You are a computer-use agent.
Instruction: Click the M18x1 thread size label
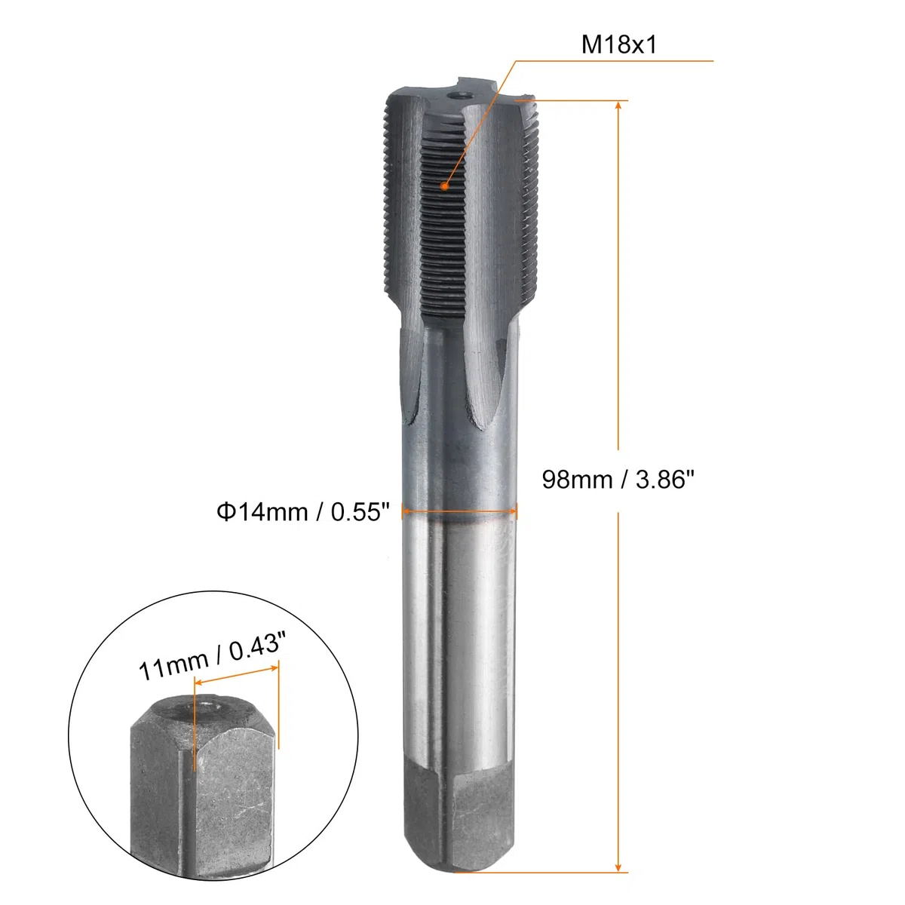coord(618,45)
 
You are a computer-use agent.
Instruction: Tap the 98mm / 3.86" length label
coord(618,480)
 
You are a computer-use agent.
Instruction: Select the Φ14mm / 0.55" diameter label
coord(303,511)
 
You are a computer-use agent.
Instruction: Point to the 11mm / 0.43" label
coord(212,655)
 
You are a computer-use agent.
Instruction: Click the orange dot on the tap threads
coord(443,186)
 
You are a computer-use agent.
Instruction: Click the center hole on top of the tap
coord(459,96)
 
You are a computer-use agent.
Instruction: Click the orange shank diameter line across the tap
coord(459,511)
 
